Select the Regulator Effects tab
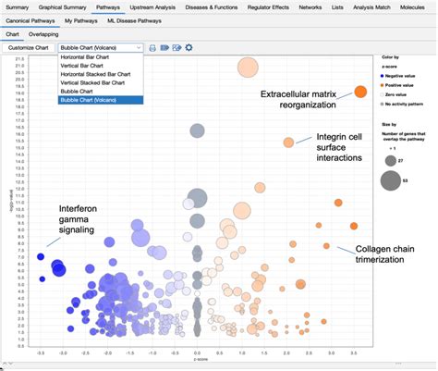pyautogui.click(x=265, y=6)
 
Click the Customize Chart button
pyautogui.click(x=28, y=46)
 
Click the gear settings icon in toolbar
pyautogui.click(x=189, y=46)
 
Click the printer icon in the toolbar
pyautogui.click(x=152, y=46)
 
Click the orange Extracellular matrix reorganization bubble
pyautogui.click(x=360, y=91)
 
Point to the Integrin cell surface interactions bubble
pyautogui.click(x=288, y=142)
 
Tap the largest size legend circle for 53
pyautogui.click(x=391, y=181)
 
